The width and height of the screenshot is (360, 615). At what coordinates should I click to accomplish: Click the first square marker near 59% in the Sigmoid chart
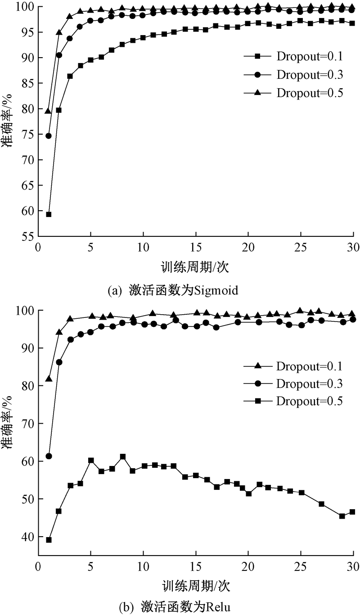(x=49, y=214)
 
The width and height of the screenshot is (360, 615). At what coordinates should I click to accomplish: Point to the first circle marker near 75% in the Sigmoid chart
(x=49, y=136)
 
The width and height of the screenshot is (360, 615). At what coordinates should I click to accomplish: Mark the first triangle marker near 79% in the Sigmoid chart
(x=49, y=111)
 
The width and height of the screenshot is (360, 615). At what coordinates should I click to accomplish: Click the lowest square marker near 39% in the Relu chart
(x=49, y=540)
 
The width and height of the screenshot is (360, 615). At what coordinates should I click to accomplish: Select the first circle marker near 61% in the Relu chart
(x=49, y=456)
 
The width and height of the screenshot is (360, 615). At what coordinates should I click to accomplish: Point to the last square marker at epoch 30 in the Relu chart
(x=352, y=512)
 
